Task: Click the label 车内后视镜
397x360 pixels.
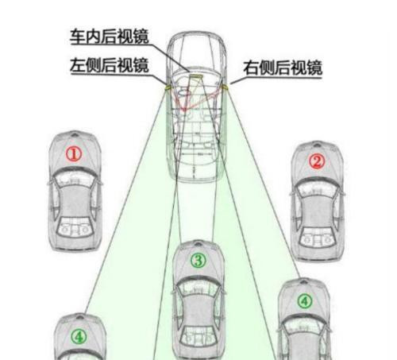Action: (x=110, y=37)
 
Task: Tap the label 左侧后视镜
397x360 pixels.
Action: (x=110, y=65)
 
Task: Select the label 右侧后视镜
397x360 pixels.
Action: (x=283, y=68)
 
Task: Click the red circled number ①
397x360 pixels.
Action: (x=74, y=154)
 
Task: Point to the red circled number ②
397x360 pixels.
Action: (x=317, y=161)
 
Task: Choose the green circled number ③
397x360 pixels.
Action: (x=198, y=260)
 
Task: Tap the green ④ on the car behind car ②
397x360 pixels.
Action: (x=305, y=301)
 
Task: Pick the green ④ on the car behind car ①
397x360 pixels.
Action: (x=79, y=337)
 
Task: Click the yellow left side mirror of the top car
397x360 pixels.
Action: (x=168, y=87)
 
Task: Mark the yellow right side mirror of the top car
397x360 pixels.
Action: (x=225, y=87)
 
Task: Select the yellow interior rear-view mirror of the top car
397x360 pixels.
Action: (x=196, y=77)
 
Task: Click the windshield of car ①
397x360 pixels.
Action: (x=75, y=176)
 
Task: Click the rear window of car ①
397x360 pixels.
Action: (x=75, y=227)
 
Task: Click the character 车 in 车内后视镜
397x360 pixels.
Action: (x=78, y=37)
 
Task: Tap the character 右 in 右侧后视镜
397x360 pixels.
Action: (x=251, y=68)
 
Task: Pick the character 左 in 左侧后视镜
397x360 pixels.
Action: (x=78, y=65)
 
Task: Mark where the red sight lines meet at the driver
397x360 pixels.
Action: (x=184, y=109)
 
